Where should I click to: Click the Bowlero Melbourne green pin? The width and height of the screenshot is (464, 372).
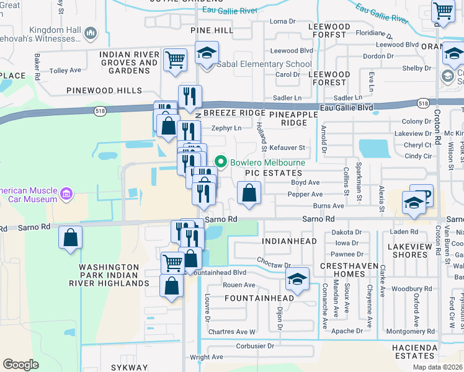pos(220,162)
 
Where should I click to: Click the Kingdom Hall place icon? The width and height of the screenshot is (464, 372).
pos(91,32)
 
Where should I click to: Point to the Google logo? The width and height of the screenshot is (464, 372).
pos(20,365)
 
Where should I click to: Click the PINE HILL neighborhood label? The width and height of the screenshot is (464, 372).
pos(212,30)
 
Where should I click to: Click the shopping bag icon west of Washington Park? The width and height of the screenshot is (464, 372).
pos(71,237)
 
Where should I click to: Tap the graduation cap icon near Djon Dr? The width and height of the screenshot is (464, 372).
pos(298,280)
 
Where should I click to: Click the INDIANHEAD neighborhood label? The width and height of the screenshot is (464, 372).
pos(289,241)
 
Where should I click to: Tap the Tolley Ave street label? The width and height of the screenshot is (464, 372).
pos(65,71)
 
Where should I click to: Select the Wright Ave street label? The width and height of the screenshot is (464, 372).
pos(207,356)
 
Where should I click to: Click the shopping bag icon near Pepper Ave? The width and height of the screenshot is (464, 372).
pos(249,193)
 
